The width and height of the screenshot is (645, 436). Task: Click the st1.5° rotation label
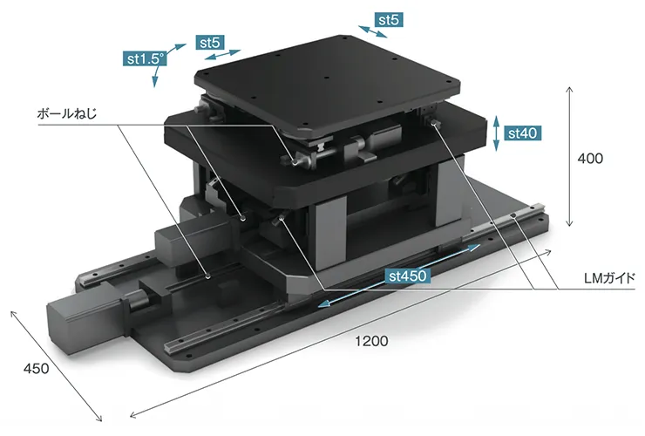coord(145,59)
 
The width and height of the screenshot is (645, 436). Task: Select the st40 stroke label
coord(522,133)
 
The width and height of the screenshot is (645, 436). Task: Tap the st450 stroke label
coord(408,276)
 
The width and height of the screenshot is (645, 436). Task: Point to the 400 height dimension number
coord(590,159)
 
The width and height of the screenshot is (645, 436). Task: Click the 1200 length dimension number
coord(371,341)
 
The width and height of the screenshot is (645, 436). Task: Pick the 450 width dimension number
coord(37,368)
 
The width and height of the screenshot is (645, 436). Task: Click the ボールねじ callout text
coord(66,113)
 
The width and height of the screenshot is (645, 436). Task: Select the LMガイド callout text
coord(609,278)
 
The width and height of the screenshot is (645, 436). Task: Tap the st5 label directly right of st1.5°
coord(210,42)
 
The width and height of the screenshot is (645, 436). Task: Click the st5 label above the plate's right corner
coord(389,20)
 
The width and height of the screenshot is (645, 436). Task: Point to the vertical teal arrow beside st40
coord(496,133)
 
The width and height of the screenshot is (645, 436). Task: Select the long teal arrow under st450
coord(399,276)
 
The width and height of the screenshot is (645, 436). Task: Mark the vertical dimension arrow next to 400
coord(569,156)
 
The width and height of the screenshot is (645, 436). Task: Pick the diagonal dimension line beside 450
coord(56,366)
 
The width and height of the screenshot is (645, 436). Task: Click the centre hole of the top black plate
coord(326,78)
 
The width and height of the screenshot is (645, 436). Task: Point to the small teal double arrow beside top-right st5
coord(373,31)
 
